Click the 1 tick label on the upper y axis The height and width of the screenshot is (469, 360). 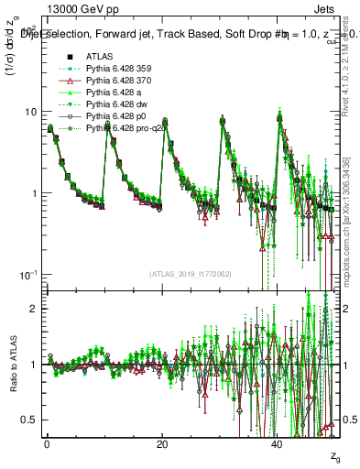[x=34, y=193]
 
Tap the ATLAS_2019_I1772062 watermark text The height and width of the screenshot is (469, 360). [x=191, y=274]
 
